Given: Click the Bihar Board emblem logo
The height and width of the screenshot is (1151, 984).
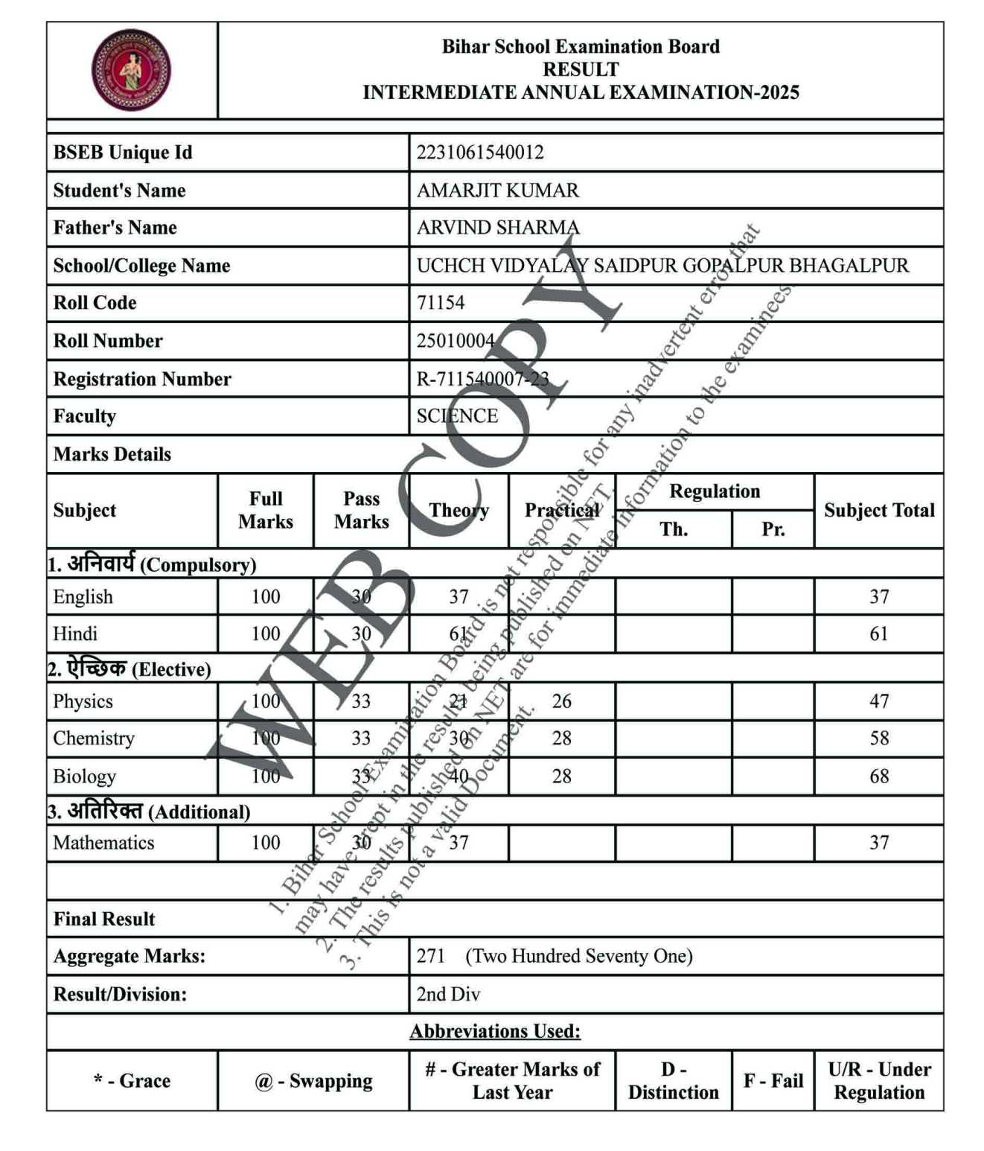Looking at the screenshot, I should click(x=131, y=70).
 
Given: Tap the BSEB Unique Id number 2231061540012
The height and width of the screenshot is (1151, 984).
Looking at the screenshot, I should click(x=480, y=153).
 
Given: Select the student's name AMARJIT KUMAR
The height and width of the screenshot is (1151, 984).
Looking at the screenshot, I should click(x=497, y=191).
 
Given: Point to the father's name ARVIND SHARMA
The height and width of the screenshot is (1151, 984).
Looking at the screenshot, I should click(x=497, y=228).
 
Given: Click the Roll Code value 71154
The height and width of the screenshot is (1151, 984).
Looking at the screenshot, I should click(x=441, y=303).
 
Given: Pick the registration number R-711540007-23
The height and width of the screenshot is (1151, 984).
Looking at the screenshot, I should click(x=482, y=379).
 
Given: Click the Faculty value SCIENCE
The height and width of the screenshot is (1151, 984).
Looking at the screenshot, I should click(x=457, y=416).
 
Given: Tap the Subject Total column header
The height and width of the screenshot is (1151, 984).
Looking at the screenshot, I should click(x=878, y=511).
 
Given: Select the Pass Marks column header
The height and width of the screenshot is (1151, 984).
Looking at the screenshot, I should click(x=361, y=511).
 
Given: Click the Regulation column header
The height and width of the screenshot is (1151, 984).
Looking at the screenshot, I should click(x=715, y=491).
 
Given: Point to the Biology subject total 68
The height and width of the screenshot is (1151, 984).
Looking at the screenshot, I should click(x=879, y=777).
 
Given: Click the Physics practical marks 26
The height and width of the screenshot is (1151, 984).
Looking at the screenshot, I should click(x=562, y=701).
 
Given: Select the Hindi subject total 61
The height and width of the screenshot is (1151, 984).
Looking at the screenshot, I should click(x=879, y=634).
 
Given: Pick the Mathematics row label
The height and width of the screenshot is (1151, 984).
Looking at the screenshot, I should click(x=103, y=843).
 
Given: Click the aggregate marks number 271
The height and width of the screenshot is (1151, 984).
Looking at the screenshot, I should click(x=430, y=956).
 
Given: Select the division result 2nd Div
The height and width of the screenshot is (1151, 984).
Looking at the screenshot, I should click(x=448, y=995).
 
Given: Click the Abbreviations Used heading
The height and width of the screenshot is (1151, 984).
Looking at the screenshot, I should click(x=495, y=1031).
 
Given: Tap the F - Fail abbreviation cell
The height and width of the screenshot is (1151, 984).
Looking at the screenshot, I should click(x=773, y=1081).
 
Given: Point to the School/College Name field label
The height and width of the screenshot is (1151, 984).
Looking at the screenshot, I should click(x=141, y=266).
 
